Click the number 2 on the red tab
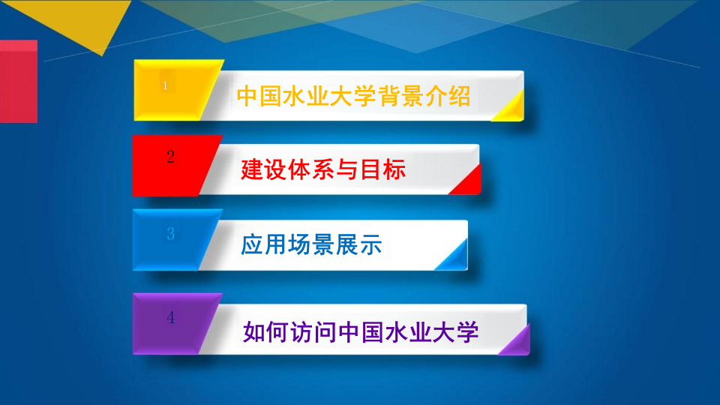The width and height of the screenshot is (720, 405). [171, 157]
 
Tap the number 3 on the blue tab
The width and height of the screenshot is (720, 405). [170, 234]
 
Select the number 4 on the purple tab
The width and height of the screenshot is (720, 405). [171, 317]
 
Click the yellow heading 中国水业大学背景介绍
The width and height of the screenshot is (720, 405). [353, 96]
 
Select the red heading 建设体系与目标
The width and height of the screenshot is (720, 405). [323, 169]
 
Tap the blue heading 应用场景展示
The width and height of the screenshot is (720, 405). [311, 244]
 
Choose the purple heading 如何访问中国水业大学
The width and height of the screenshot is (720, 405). [361, 331]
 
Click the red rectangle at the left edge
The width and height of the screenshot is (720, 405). [18, 81]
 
